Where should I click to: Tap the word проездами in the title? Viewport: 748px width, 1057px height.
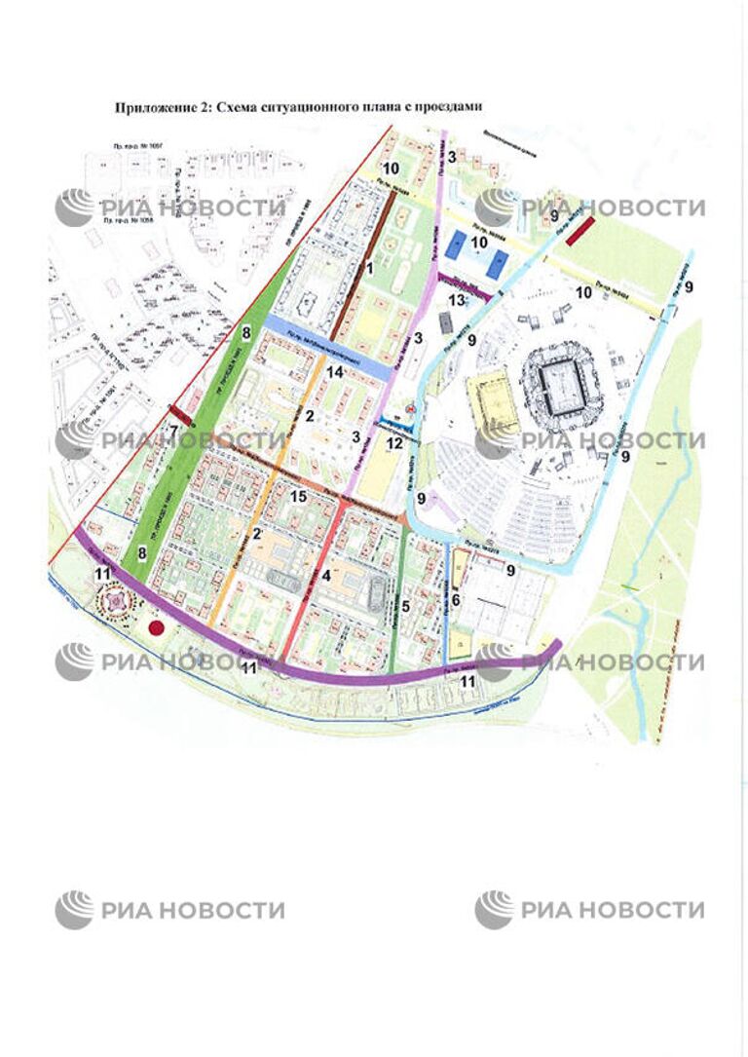click(x=449, y=107)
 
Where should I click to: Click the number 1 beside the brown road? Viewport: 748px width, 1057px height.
click(x=369, y=266)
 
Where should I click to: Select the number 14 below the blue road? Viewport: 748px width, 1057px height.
click(x=334, y=372)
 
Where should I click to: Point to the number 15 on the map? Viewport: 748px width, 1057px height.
click(x=298, y=497)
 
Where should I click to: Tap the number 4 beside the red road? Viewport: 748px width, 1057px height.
click(x=327, y=575)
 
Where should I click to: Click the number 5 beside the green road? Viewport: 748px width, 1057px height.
click(x=406, y=606)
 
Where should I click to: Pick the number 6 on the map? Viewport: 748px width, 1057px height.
click(x=455, y=601)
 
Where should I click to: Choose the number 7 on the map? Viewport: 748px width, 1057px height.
click(x=173, y=431)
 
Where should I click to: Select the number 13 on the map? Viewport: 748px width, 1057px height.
click(x=457, y=299)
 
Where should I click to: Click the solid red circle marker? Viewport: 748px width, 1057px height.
click(x=155, y=629)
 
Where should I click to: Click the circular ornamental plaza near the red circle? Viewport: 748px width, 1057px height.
click(x=116, y=604)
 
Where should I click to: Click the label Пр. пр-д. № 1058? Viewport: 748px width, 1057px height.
click(x=131, y=220)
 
